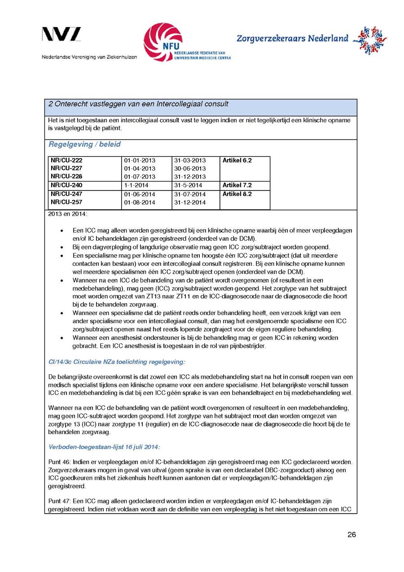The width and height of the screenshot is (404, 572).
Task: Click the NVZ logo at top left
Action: pos(61,35)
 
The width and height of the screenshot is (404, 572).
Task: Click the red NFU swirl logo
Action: pos(162,42)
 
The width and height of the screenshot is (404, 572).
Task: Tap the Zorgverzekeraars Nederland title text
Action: pos(292,39)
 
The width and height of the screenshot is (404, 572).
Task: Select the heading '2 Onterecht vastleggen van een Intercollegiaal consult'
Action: pos(138,104)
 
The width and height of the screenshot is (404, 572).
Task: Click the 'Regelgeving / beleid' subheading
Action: pos(84,145)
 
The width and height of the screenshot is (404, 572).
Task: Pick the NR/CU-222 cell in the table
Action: pos(66,160)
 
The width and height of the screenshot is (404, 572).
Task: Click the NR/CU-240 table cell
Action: pos(66,185)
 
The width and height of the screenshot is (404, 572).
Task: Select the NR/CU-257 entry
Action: pos(66,202)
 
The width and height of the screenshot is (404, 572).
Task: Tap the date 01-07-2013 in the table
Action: pos(140,177)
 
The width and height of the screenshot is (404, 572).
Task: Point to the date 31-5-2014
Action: pos(188,185)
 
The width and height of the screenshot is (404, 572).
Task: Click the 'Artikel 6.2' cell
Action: pos(237,160)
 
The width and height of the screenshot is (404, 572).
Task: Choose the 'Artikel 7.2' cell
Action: pos(237,185)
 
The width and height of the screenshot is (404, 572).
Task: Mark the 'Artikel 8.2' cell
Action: pos(237,194)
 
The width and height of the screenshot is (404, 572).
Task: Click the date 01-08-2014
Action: pos(140,203)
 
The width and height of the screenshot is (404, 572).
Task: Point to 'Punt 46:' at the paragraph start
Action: pos(59,462)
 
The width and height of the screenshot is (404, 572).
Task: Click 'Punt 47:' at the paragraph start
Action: pos(59,501)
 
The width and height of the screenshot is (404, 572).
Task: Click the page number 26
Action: pos(351,535)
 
